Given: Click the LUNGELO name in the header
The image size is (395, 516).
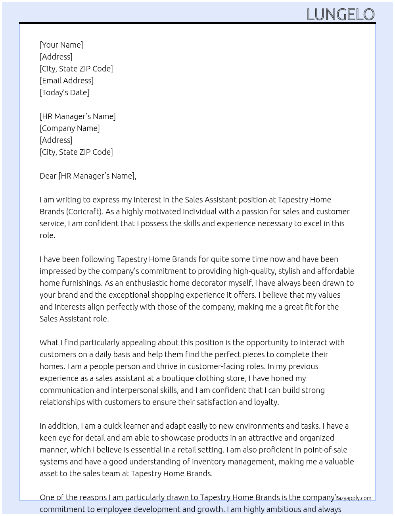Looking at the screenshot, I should (340, 15).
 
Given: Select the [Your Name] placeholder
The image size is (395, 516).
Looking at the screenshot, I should (61, 45).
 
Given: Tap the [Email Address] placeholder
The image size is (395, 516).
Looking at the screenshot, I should (67, 81).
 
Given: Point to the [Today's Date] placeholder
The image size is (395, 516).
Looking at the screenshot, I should (64, 92).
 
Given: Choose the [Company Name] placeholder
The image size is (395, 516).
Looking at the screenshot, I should (70, 128).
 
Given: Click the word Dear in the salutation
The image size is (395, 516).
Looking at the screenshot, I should (48, 176).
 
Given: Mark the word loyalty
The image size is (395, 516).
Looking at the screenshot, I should (267, 402).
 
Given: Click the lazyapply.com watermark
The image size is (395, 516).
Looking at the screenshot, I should (354, 498).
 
